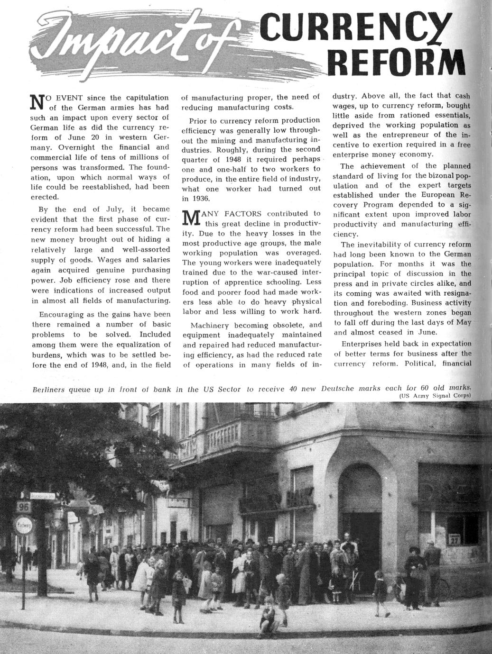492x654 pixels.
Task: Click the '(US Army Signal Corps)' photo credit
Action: click(x=434, y=396)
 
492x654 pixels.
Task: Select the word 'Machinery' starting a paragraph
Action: click(x=209, y=326)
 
